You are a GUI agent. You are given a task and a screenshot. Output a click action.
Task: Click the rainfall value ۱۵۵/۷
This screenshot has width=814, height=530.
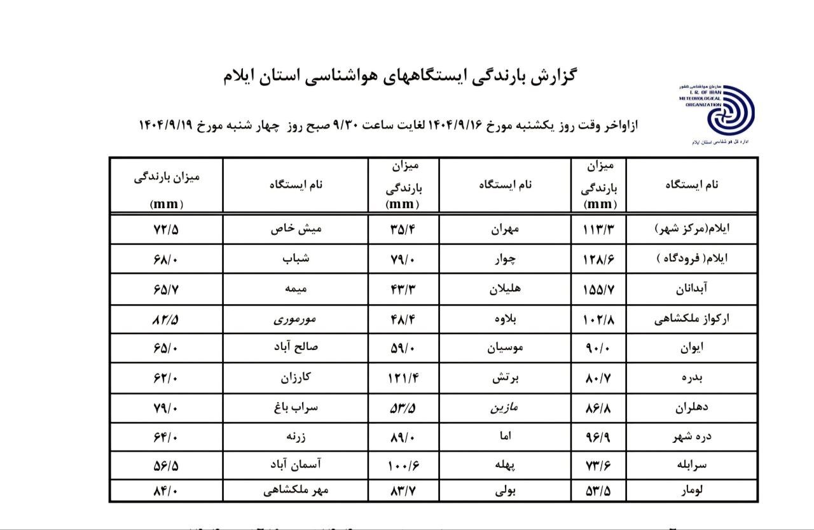pyautogui.click(x=600, y=289)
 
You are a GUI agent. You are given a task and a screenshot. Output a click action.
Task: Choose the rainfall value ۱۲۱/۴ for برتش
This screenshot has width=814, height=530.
pyautogui.click(x=404, y=378)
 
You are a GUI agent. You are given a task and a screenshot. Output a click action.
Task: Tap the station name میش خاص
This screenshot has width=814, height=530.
pyautogui.click(x=295, y=230)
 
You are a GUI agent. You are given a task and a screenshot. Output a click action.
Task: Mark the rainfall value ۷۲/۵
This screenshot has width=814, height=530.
pyautogui.click(x=167, y=230)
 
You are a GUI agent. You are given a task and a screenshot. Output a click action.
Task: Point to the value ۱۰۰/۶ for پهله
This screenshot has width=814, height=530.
pyautogui.click(x=404, y=466)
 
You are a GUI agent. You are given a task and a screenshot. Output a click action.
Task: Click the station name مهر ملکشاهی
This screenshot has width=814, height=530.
pyautogui.click(x=295, y=491)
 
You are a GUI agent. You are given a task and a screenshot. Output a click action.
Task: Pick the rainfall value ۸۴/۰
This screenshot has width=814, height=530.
pyautogui.click(x=167, y=491)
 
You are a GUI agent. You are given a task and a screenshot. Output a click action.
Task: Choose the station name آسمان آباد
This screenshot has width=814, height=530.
pyautogui.click(x=295, y=466)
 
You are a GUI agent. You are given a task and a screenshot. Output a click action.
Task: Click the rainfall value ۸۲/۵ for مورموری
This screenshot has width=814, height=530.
pyautogui.click(x=167, y=320)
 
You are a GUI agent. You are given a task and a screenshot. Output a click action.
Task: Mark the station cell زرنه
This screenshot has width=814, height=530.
pyautogui.click(x=295, y=436)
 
